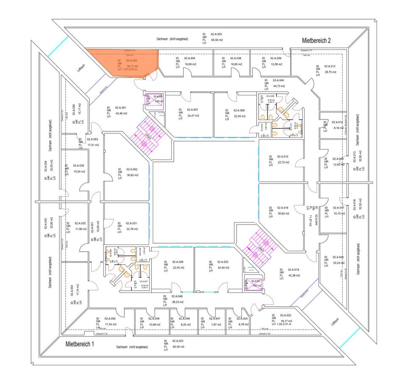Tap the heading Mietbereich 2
[316, 40]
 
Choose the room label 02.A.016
[283, 208]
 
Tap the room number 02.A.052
[132, 169]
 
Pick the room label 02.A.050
[110, 318]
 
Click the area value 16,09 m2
[189, 64]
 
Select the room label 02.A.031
[132, 223]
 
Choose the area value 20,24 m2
[338, 263]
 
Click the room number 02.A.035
[79, 166]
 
